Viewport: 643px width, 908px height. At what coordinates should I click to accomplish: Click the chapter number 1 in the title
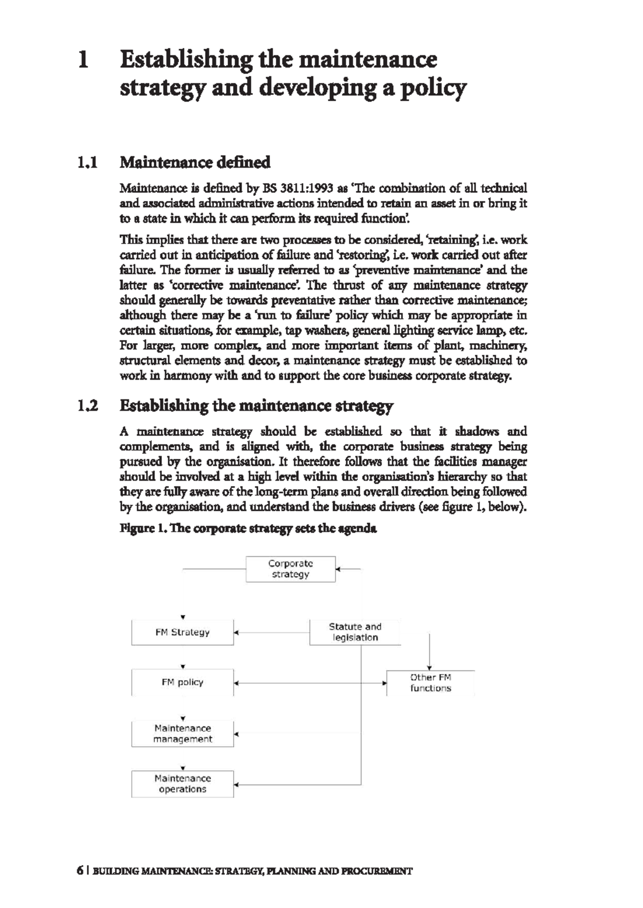pyautogui.click(x=83, y=59)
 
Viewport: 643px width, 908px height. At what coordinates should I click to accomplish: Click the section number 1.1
pyautogui.click(x=87, y=162)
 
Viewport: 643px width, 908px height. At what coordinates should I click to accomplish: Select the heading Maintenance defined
pyautogui.click(x=195, y=162)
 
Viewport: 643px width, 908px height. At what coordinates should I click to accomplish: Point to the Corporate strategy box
pyautogui.click(x=290, y=569)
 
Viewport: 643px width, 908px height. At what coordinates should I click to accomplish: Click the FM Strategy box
pyautogui.click(x=182, y=632)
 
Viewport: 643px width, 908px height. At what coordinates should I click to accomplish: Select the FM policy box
pyautogui.click(x=182, y=682)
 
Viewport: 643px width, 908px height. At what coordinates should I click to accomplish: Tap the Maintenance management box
pyautogui.click(x=182, y=733)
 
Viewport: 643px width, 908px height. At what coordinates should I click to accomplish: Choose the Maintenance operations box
pyautogui.click(x=182, y=784)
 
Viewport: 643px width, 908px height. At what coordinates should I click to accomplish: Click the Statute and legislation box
pyautogui.click(x=355, y=632)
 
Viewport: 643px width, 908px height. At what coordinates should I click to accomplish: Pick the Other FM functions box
pyautogui.click(x=430, y=683)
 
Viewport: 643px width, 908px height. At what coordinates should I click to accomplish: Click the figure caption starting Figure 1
pyautogui.click(x=248, y=529)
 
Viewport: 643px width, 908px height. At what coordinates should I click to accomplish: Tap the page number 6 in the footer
pyautogui.click(x=80, y=871)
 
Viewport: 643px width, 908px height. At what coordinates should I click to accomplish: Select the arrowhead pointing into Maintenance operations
pyautogui.click(x=236, y=785)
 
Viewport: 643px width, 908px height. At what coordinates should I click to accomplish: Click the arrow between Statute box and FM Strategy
pyautogui.click(x=272, y=632)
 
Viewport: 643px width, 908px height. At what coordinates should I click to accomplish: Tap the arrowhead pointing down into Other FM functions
pyautogui.click(x=430, y=668)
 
